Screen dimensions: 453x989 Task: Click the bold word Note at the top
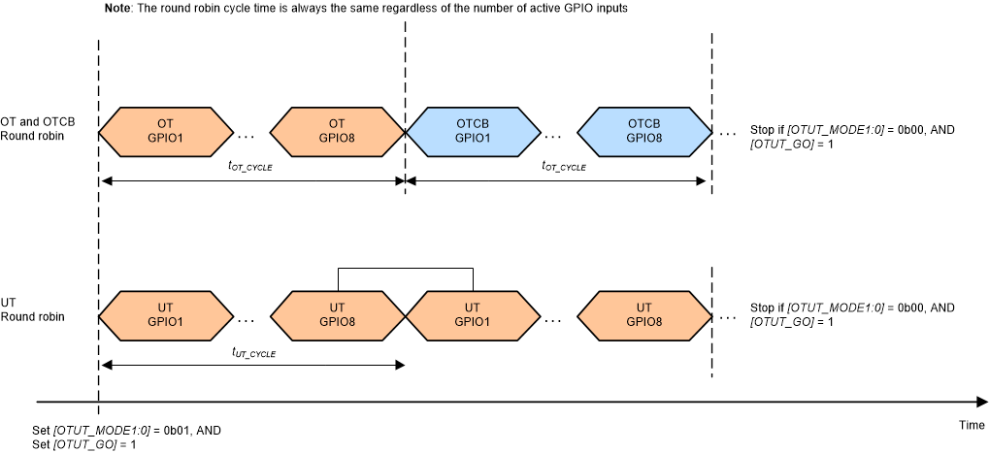tap(118, 9)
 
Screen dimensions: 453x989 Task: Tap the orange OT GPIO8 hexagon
tap(337, 131)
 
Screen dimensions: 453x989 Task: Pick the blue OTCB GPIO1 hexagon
tap(472, 131)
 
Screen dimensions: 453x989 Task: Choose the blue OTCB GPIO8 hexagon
tap(644, 131)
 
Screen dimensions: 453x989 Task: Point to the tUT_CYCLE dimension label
tap(253, 354)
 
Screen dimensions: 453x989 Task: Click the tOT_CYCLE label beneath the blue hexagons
tap(563, 167)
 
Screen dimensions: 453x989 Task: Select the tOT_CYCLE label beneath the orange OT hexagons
tap(251, 167)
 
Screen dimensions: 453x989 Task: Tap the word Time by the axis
tap(971, 426)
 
